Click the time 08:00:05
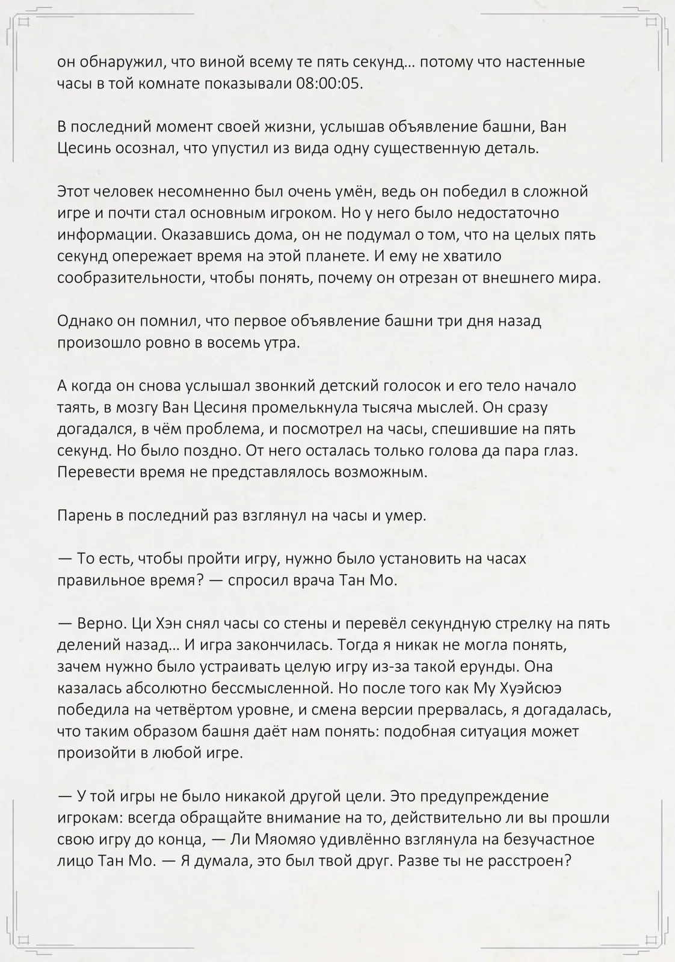(x=330, y=84)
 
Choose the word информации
(x=98, y=235)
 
